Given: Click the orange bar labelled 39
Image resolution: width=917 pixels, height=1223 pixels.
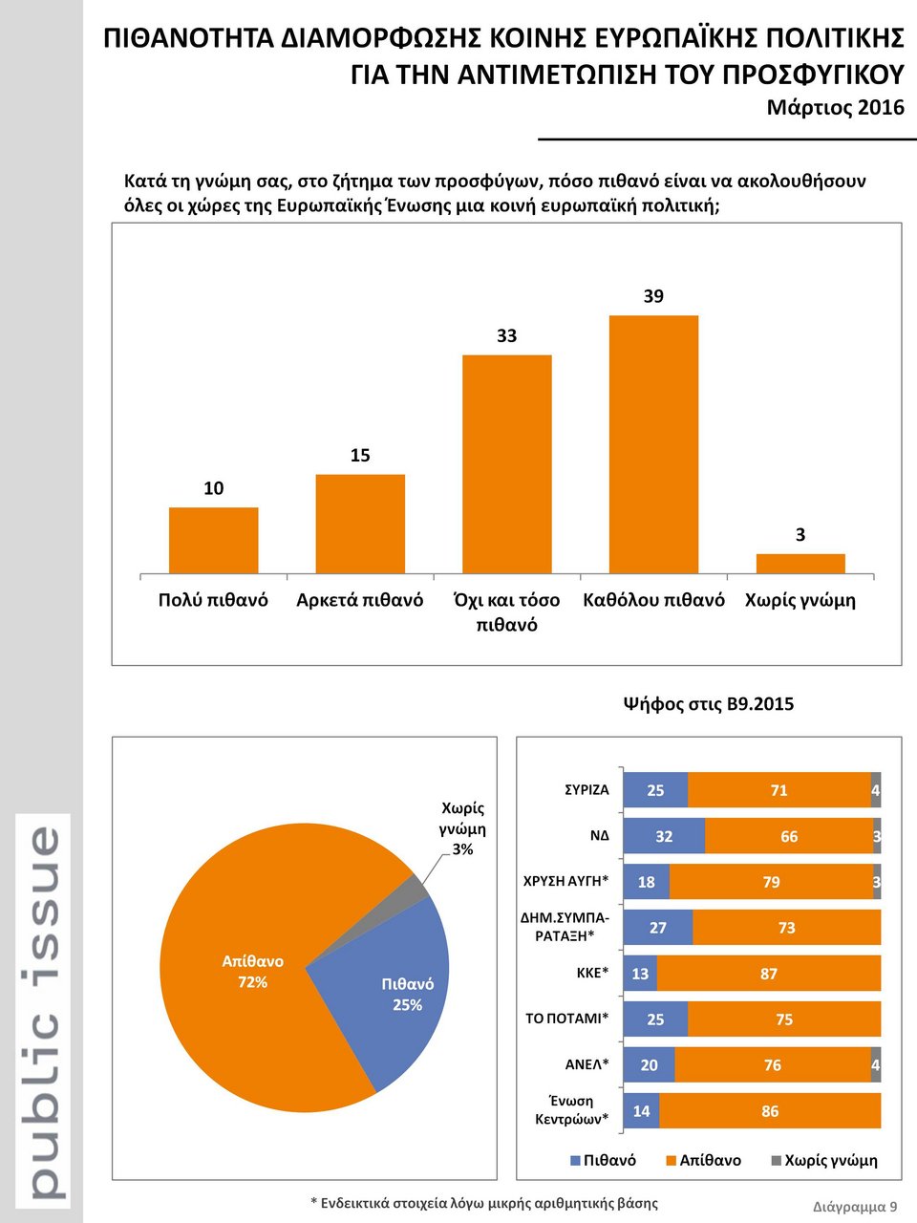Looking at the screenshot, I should coord(653,444).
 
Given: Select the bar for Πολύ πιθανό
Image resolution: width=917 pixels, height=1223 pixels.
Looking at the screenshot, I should coord(213,540).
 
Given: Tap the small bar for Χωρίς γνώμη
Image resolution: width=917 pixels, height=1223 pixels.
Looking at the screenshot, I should coord(800,563).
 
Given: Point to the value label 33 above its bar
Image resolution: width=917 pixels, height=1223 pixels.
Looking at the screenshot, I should coord(506,335).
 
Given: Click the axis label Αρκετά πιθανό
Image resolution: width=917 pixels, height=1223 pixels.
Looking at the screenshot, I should coord(359,600).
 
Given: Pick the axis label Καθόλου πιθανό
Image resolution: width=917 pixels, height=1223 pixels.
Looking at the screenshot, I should coord(653,600).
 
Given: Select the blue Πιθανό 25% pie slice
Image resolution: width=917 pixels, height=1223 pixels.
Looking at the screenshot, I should coord(392,994).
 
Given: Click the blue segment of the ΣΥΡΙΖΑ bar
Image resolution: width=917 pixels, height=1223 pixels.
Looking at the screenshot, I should coord(655,790).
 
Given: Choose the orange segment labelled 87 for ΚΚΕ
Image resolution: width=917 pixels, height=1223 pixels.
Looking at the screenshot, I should coord(768,974).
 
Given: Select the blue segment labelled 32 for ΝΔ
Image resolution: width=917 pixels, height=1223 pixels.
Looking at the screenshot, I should coord(664,836).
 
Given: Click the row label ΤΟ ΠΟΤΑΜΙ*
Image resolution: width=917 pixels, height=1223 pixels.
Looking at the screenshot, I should coord(566,1019).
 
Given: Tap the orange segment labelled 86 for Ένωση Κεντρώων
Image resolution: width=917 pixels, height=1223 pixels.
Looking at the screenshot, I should coord(770,1111).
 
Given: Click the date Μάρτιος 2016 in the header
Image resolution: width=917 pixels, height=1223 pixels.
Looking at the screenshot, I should coord(835,107).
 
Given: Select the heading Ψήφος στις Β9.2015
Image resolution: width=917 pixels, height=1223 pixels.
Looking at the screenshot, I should coord(708,704).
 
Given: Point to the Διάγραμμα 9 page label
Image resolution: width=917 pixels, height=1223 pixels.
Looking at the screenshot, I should coord(855,1206).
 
